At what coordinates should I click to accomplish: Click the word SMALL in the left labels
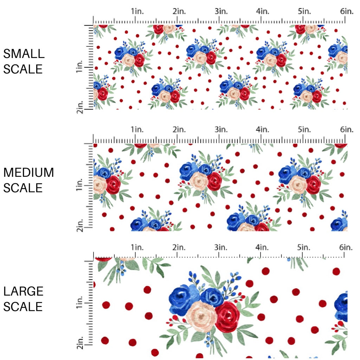24,54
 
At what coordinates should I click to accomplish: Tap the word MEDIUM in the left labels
28,173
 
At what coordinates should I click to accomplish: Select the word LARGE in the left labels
24,291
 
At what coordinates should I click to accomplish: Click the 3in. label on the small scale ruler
221,11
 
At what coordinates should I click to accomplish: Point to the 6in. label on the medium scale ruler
346,130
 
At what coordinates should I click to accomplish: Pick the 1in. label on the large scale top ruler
137,247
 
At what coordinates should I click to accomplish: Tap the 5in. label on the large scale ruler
304,247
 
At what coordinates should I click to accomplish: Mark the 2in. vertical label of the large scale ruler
80,343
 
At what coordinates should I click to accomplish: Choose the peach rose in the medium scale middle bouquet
200,181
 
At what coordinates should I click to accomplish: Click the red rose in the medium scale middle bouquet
214,181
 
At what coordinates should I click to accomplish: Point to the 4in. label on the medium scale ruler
263,130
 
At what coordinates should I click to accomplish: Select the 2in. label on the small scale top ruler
179,11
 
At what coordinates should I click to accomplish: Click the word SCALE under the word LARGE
24,307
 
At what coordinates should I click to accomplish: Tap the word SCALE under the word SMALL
23,69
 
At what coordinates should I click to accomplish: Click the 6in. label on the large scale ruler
346,247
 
